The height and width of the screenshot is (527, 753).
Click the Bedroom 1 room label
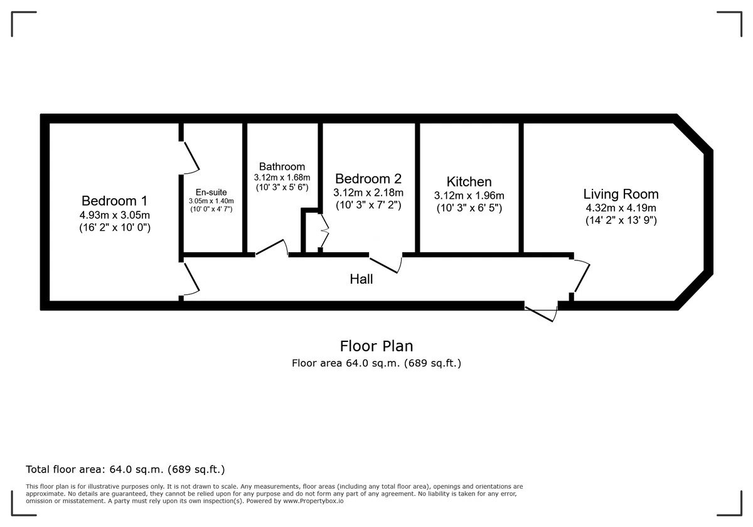pos(115,201)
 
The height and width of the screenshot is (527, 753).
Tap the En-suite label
pos(211,192)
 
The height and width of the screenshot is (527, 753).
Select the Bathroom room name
pos(282,166)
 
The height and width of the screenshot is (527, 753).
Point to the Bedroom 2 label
pos(368,178)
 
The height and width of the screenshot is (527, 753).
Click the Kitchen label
pos(469,181)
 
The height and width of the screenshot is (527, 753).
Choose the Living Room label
pos(621,194)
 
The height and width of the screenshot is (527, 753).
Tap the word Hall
pos(361,279)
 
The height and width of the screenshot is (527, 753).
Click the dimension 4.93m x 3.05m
pos(115,215)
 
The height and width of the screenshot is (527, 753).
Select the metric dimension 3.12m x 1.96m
pos(469,195)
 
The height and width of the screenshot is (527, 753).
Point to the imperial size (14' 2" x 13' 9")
pos(621,220)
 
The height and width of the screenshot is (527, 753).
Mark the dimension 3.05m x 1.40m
pos(211,201)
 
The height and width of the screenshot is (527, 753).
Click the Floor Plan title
pos(376,346)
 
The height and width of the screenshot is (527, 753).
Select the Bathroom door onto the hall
pos(272,248)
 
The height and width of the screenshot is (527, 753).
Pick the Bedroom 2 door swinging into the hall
pos(385,264)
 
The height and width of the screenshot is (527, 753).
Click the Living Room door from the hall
pos(580,276)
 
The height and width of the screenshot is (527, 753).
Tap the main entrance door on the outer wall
pos(541,314)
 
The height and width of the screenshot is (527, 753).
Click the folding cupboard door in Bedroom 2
pos(324,231)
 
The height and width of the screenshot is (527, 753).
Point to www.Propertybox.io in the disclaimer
pos(313,501)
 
